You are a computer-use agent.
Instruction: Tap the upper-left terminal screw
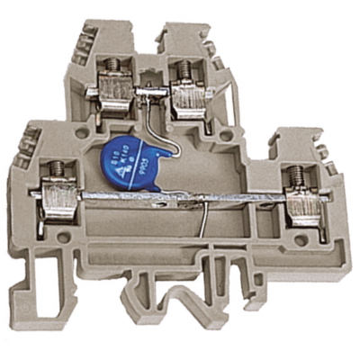pos(114,66)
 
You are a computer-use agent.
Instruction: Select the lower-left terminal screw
pos(49,166)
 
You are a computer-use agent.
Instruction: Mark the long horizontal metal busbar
pos(180,196)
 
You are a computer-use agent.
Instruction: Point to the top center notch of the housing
pos(153,36)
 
